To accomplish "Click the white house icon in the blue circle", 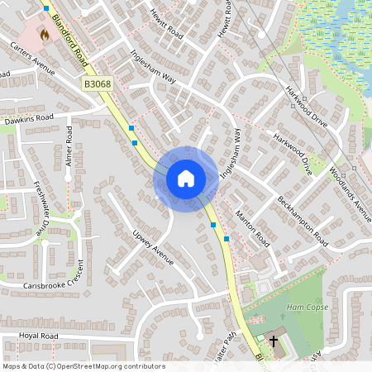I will click(x=186, y=178).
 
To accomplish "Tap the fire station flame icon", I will click(x=44, y=35).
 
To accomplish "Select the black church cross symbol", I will click(x=274, y=340).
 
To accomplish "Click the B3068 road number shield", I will click(x=97, y=84).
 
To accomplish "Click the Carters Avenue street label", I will click(x=33, y=57).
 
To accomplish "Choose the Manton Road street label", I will click(x=252, y=229).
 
